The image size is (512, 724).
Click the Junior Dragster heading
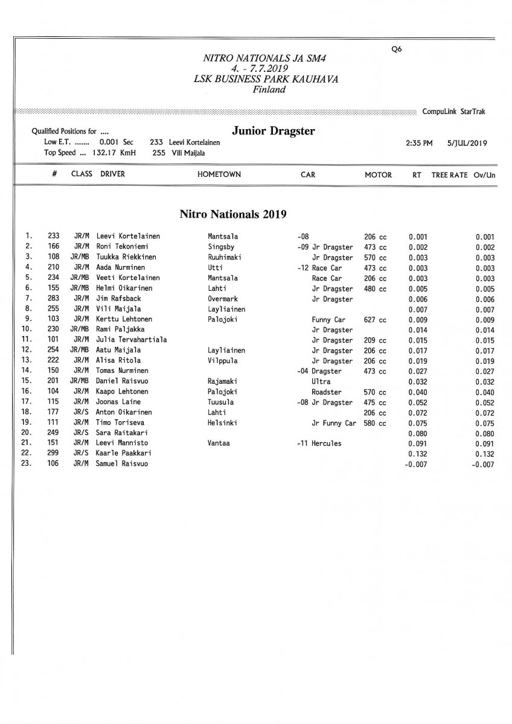(274, 132)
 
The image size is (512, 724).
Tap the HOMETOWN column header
(219, 175)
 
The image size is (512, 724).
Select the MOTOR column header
(378, 175)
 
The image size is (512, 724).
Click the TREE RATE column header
(449, 175)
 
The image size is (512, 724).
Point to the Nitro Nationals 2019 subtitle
(232, 214)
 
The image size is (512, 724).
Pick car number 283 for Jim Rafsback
(53, 299)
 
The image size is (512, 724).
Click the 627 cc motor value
(375, 320)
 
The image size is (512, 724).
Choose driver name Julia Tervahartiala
(132, 340)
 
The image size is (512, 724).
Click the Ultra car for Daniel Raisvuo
(321, 382)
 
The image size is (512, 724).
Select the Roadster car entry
(327, 392)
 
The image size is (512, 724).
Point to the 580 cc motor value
(375, 423)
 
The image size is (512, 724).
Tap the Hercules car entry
(327, 443)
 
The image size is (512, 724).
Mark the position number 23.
(26, 464)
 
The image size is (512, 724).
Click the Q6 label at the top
(396, 50)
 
